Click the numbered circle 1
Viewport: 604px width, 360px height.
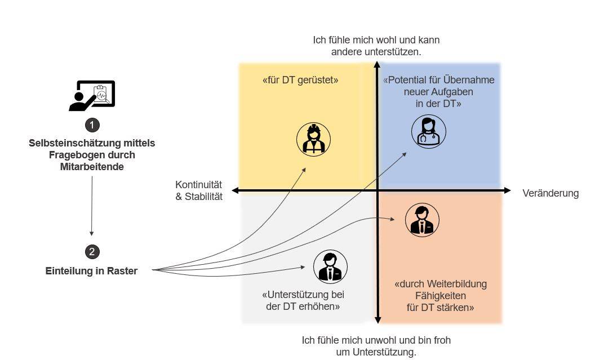[x=92, y=125]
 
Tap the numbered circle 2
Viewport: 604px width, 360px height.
[x=92, y=252]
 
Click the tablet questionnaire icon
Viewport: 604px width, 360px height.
[x=93, y=95]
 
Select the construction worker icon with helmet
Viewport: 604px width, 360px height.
[x=313, y=139]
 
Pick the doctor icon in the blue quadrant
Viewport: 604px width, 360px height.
[x=428, y=131]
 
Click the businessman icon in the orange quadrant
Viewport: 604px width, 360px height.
[x=422, y=220]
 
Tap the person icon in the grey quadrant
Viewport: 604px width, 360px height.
[x=330, y=266]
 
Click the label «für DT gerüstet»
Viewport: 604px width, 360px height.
[x=300, y=81]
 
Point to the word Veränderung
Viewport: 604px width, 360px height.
[x=550, y=193]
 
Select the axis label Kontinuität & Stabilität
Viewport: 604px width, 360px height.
[x=199, y=191]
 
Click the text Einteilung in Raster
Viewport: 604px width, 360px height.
[x=91, y=271]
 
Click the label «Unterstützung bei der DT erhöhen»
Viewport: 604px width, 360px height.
[x=303, y=301]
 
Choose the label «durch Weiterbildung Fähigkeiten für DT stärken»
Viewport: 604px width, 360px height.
[x=440, y=296]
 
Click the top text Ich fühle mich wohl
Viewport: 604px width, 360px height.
[x=376, y=41]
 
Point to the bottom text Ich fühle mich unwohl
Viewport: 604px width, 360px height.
[x=376, y=340]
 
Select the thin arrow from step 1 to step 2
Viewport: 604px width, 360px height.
[x=91, y=206]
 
